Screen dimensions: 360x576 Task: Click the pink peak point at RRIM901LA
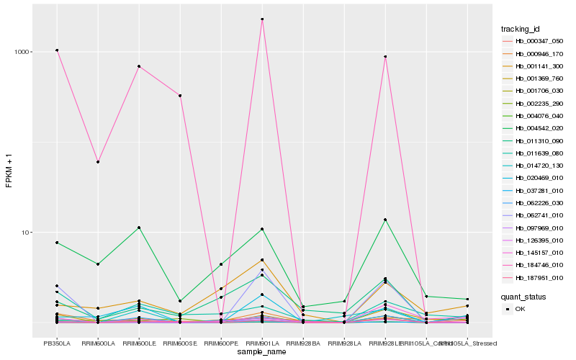[262, 19]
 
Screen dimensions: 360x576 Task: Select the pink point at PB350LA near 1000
[57, 50]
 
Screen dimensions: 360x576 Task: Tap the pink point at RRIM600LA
[98, 162]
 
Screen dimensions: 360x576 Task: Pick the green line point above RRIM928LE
[385, 220]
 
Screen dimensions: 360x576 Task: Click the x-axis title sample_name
[262, 352]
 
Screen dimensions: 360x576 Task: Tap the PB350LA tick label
[57, 343]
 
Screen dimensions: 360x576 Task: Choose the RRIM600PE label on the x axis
[221, 343]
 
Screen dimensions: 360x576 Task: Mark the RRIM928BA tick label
[303, 343]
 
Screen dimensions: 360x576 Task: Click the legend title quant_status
[523, 296]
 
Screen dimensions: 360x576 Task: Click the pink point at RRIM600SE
[180, 96]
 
